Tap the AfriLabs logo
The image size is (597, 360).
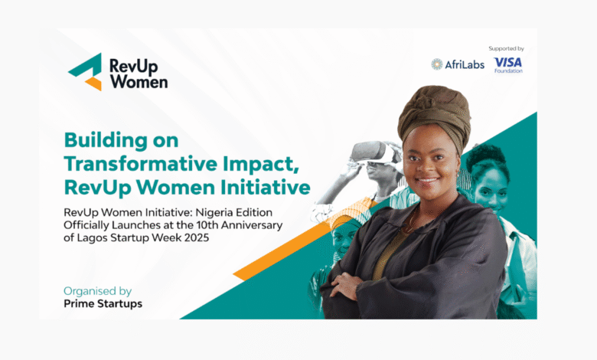[x=458, y=64]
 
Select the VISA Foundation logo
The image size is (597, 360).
[x=508, y=64]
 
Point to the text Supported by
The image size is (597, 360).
[x=506, y=48]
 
